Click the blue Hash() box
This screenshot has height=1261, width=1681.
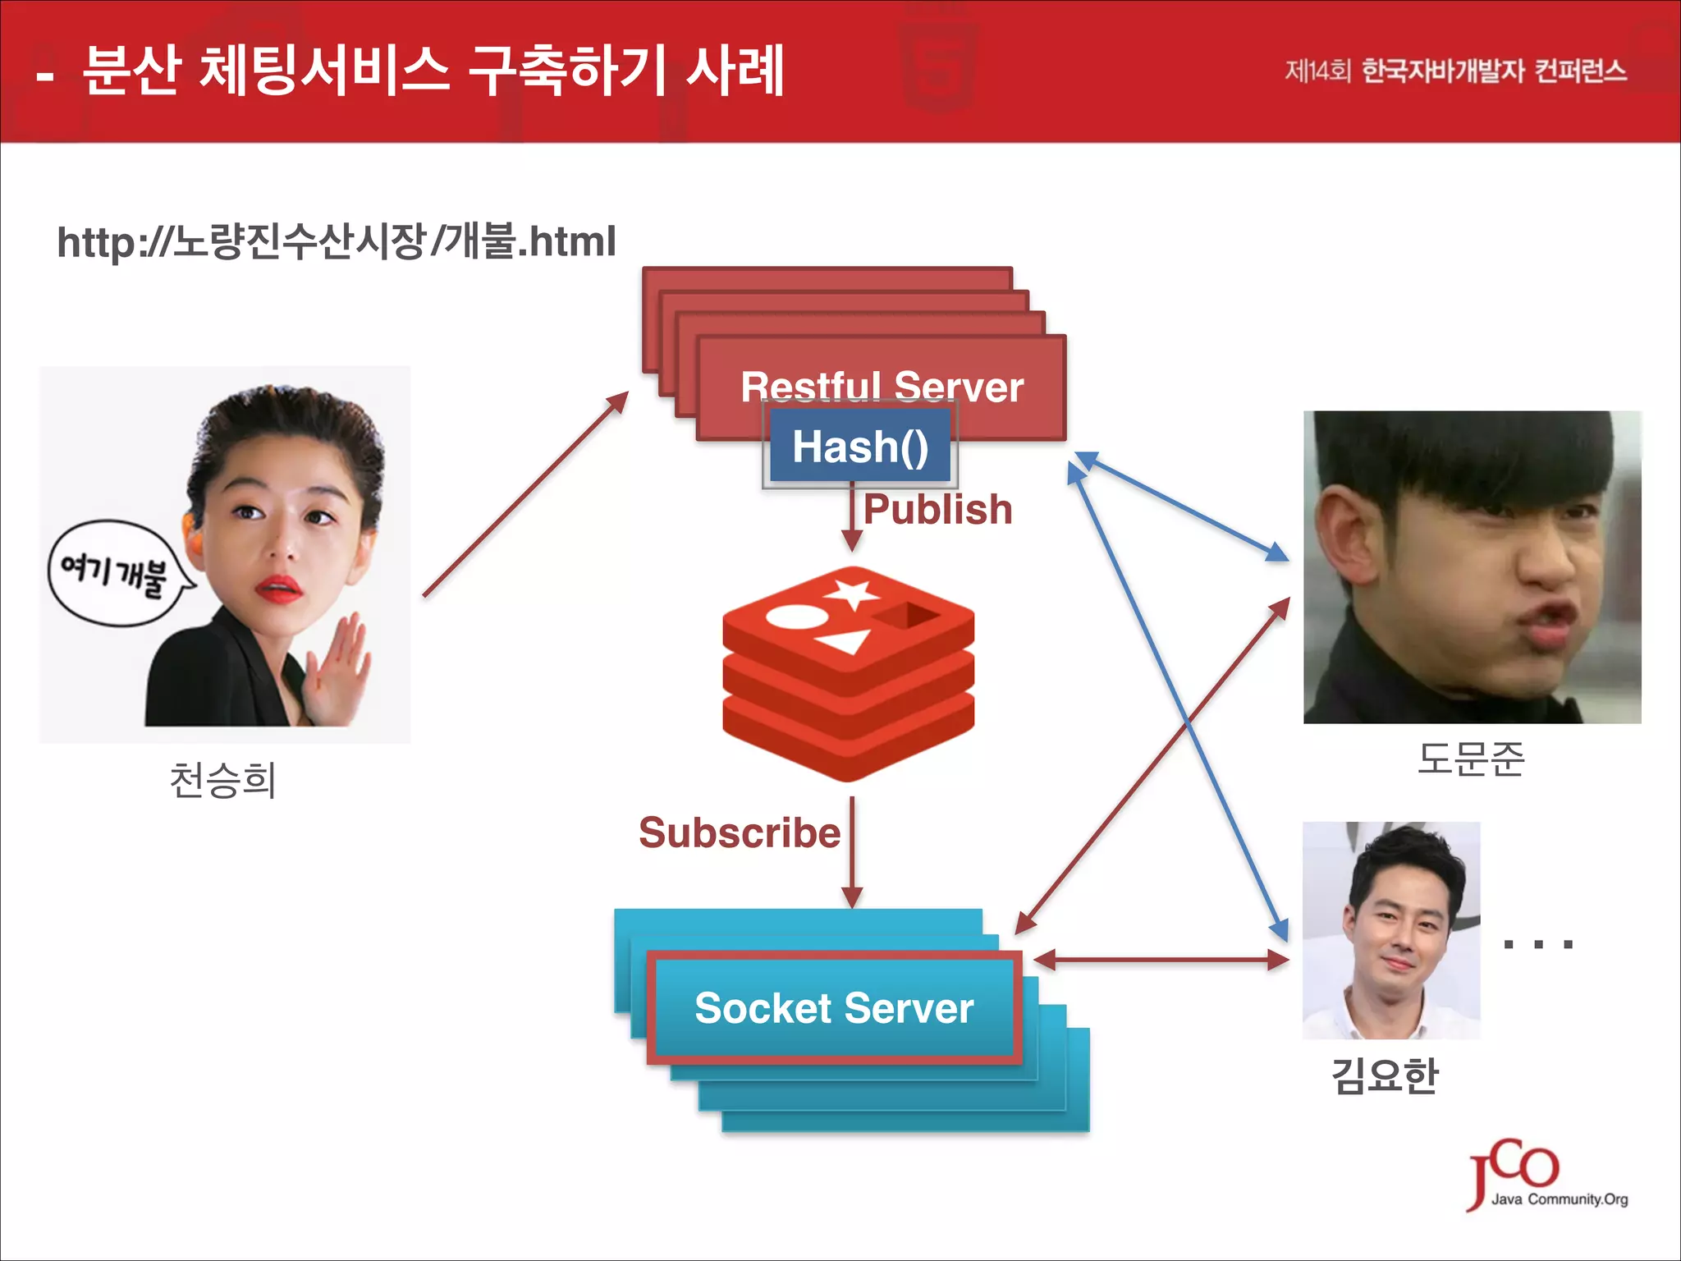pyautogui.click(x=859, y=446)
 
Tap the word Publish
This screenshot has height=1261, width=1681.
pyautogui.click(x=937, y=509)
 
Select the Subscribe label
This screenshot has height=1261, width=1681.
pyautogui.click(x=740, y=832)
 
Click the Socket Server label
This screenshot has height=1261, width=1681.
pyautogui.click(x=834, y=1007)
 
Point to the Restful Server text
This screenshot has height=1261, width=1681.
pyautogui.click(x=882, y=386)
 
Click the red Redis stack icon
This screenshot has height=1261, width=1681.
pyautogui.click(x=848, y=673)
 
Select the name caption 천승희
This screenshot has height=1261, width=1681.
pyautogui.click(x=222, y=780)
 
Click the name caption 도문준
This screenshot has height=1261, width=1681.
pyautogui.click(x=1471, y=759)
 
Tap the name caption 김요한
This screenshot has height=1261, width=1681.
pyautogui.click(x=1385, y=1075)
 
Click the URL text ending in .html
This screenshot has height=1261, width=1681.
pyautogui.click(x=337, y=241)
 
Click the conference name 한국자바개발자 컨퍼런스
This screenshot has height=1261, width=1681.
pyautogui.click(x=1494, y=71)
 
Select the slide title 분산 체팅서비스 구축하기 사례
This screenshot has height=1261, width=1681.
pyautogui.click(x=433, y=71)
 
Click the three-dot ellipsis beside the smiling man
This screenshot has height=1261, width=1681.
pyautogui.click(x=1537, y=944)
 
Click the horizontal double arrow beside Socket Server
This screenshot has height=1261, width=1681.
pyautogui.click(x=1161, y=959)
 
